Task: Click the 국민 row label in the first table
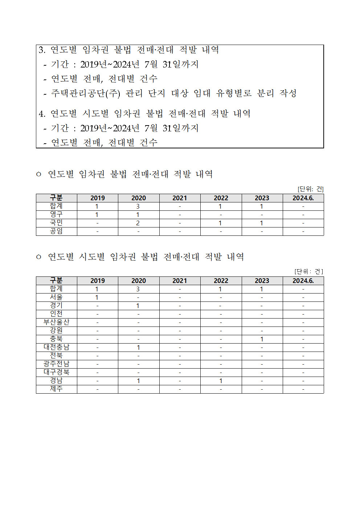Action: [x=56, y=223]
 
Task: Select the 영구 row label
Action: [x=56, y=214]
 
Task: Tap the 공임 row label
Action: [x=56, y=231]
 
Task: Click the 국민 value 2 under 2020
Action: [x=138, y=223]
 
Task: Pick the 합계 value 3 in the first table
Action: [x=138, y=206]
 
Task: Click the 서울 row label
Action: [x=56, y=297]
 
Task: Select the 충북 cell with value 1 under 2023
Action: [x=262, y=339]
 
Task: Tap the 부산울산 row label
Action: [x=56, y=322]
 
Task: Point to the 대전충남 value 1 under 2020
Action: [x=138, y=348]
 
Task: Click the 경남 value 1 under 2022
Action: [x=221, y=381]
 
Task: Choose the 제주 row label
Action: [x=56, y=389]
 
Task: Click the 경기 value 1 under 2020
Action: [x=138, y=306]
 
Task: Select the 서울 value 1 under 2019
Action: [x=97, y=297]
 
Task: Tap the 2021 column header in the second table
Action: [x=180, y=281]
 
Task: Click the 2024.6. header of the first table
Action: [x=303, y=198]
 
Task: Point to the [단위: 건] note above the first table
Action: [x=310, y=189]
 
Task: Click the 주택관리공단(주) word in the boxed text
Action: [x=86, y=93]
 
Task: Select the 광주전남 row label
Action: [x=56, y=364]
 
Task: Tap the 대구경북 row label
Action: [x=56, y=372]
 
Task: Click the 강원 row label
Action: [x=56, y=331]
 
